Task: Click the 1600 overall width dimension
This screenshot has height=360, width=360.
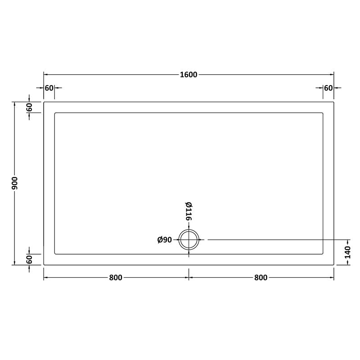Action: (x=188, y=75)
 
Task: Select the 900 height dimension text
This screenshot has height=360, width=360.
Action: (x=15, y=183)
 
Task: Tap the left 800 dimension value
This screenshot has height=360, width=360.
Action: (x=115, y=278)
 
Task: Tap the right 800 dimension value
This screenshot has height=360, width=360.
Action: (x=261, y=278)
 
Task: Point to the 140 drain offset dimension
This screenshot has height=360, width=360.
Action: (x=348, y=252)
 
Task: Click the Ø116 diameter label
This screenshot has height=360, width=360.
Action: (x=189, y=211)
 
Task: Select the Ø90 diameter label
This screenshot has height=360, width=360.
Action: (x=165, y=240)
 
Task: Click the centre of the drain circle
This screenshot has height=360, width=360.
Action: (x=189, y=240)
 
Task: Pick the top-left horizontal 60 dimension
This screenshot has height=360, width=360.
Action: (x=49, y=88)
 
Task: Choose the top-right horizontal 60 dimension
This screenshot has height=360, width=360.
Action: (x=328, y=88)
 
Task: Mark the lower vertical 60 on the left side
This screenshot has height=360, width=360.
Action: (x=29, y=260)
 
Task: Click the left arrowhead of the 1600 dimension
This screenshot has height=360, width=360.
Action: (x=45, y=75)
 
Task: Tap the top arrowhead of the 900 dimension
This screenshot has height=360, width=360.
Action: (x=15, y=104)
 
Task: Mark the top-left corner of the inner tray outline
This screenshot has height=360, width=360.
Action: (x=54, y=113)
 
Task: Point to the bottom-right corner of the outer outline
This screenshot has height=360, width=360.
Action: (x=334, y=265)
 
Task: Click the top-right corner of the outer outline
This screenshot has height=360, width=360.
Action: (x=334, y=102)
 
